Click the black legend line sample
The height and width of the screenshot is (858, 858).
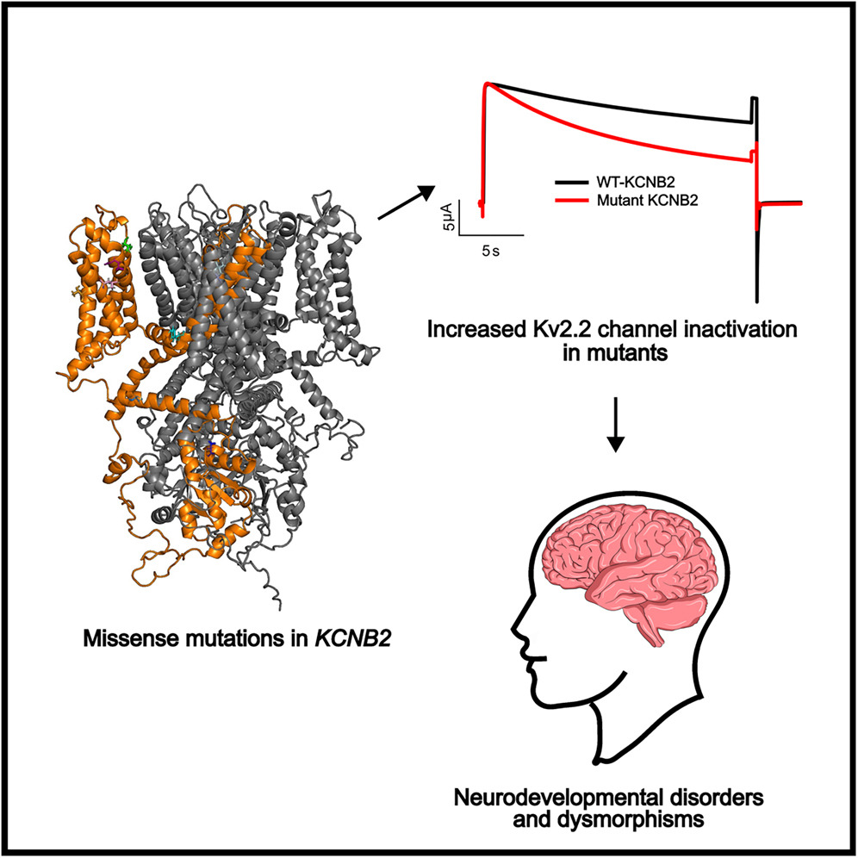(571, 183)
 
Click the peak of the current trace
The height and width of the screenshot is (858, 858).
(488, 84)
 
